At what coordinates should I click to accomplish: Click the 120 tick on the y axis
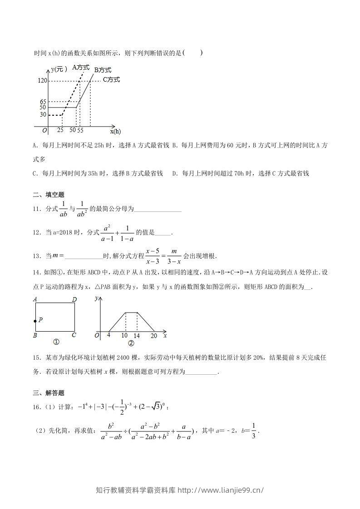pos(43,81)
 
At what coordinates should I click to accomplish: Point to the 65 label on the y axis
pos(44,102)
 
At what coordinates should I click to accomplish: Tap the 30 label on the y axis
pos(43,115)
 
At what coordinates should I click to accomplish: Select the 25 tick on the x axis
pos(60,130)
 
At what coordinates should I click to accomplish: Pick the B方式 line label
pos(103,70)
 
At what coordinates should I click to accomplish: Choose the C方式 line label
pos(111,80)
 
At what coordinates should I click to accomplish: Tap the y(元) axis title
pos(59,69)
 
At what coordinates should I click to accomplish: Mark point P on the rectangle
pos(35,321)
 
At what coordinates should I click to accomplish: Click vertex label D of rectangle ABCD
pos(74,299)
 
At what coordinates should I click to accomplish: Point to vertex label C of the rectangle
pos(74,336)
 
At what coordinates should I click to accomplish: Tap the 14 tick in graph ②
pos(137,336)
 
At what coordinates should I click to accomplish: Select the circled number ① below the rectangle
pos(56,343)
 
